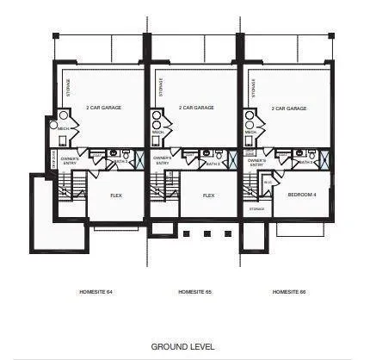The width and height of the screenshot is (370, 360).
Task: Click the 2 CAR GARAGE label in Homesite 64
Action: (x=102, y=109)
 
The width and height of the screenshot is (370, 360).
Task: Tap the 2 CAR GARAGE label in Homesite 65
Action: (x=195, y=109)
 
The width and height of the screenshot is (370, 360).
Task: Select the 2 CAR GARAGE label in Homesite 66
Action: (x=289, y=109)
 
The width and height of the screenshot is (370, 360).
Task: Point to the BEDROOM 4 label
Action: (x=303, y=195)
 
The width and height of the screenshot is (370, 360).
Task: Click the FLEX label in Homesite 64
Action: (x=115, y=196)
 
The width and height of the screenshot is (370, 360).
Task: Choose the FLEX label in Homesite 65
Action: (x=208, y=196)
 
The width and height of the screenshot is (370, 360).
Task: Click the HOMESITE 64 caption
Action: (x=97, y=293)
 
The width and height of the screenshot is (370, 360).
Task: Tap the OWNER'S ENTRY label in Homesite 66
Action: (x=256, y=162)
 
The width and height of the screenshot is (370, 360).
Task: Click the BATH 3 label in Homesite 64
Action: (x=120, y=161)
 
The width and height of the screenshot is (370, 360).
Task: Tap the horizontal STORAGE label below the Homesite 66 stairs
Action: (x=256, y=208)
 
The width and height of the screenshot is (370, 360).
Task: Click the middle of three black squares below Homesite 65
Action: (x=206, y=233)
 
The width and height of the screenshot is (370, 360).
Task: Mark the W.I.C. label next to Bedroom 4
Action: (x=268, y=183)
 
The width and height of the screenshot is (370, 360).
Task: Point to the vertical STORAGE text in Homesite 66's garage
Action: (x=252, y=88)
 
